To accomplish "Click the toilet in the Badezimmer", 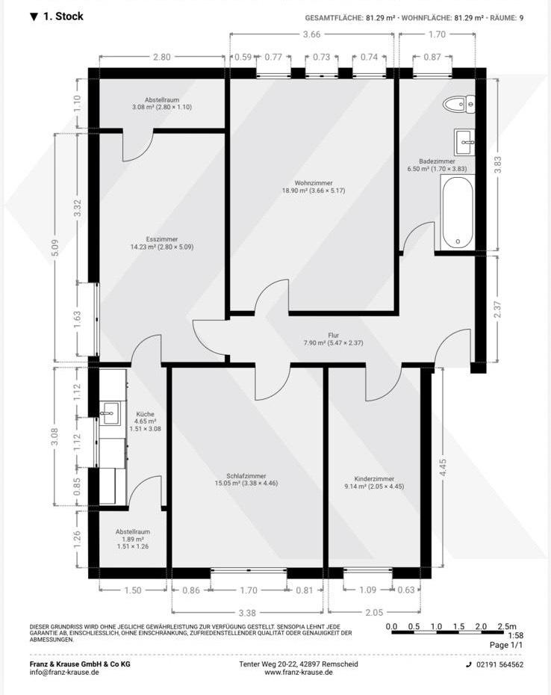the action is tap(459, 104).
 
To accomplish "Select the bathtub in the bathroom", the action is tap(458, 213).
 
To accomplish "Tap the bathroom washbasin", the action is tap(464, 142).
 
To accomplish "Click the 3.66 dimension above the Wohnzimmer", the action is tap(311, 34).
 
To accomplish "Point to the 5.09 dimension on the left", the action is tap(55, 248).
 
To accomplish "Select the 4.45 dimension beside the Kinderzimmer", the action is tap(443, 468).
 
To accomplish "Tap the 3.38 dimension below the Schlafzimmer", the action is tap(247, 613).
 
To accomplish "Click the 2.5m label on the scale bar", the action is tap(507, 626).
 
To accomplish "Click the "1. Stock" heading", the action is tap(57, 16).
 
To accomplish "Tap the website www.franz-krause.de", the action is tap(299, 673).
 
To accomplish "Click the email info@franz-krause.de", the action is tap(64, 673).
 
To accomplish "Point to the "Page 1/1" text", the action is tap(506, 645).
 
